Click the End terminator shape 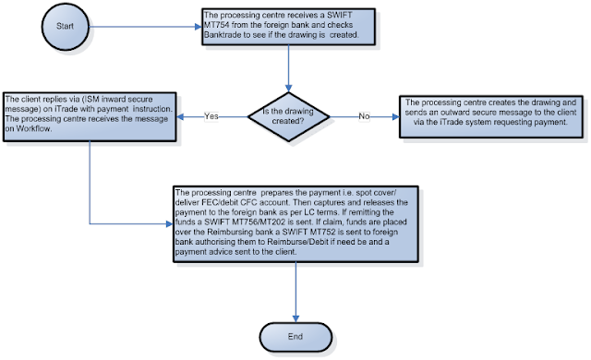(296, 336)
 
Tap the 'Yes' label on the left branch (212, 117)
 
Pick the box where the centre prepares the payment (296, 223)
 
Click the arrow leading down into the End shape (296, 295)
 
